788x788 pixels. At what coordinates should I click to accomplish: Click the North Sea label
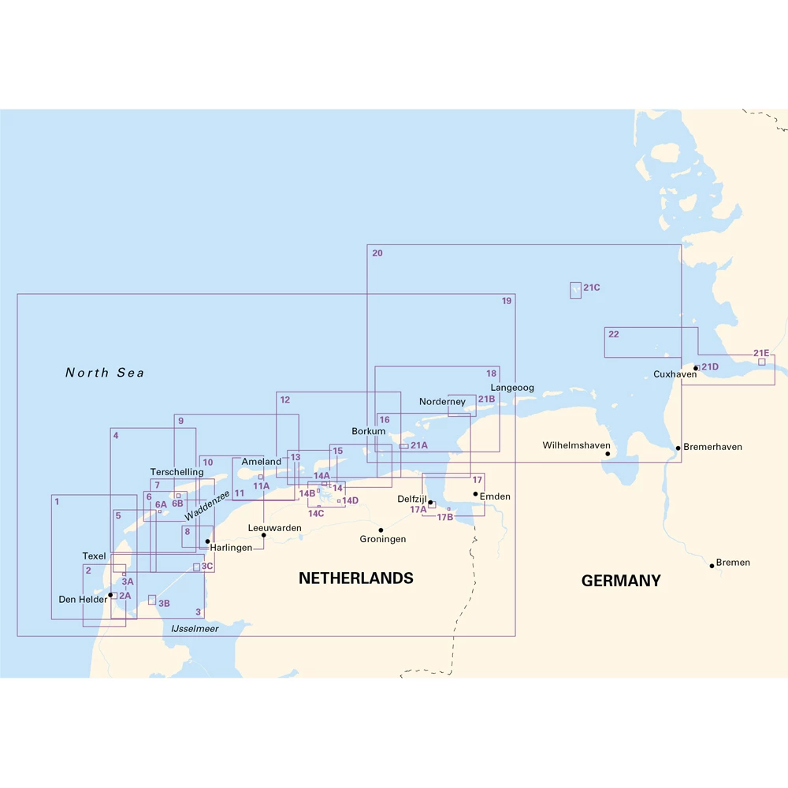click(105, 373)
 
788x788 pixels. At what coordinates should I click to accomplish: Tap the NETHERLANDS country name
click(355, 578)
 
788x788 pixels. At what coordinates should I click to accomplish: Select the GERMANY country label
click(621, 581)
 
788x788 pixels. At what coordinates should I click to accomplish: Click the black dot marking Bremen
click(712, 565)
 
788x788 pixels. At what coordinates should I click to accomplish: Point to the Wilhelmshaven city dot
click(608, 454)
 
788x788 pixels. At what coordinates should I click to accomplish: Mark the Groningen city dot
click(381, 530)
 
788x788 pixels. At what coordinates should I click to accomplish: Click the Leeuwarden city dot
click(263, 535)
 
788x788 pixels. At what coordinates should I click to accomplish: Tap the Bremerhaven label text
click(712, 447)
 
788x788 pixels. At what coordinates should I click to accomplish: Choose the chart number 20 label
click(377, 253)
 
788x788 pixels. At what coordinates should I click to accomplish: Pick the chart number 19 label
click(507, 301)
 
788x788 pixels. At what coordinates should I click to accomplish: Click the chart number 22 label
click(613, 334)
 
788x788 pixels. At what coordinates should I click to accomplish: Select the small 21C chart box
click(575, 290)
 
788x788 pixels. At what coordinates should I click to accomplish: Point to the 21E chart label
click(761, 353)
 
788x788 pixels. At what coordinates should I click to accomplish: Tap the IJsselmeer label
click(195, 629)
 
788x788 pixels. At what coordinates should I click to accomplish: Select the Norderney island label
click(442, 402)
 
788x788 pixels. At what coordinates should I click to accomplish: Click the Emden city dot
click(475, 494)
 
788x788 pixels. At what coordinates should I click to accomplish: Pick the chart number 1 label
click(57, 500)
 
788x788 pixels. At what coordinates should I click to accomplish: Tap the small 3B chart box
click(152, 600)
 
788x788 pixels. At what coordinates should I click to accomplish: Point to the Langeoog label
click(512, 388)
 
